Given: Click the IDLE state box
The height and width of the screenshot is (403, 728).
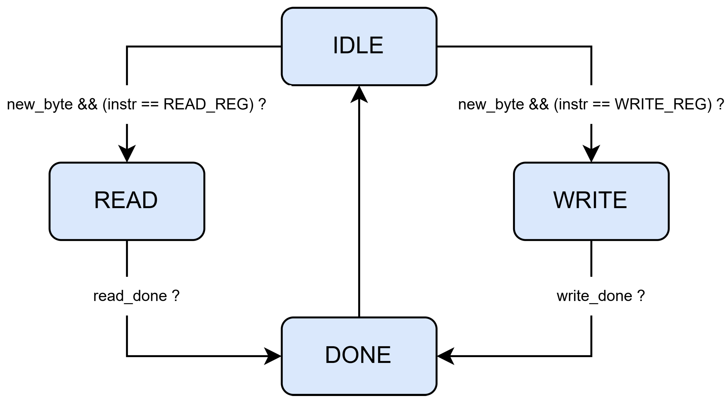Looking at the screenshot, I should [x=359, y=46].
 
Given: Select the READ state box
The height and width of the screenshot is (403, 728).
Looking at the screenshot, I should [x=127, y=201].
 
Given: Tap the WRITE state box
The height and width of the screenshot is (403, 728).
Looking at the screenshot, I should [x=591, y=201].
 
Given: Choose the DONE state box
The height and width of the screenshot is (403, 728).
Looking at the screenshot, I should [x=359, y=356].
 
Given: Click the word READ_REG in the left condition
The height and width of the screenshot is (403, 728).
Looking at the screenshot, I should [x=208, y=104].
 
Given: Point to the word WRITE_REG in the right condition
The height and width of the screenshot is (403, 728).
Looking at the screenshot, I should [x=663, y=104].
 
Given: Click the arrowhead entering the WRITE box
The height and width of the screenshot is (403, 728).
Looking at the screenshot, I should [x=591, y=154].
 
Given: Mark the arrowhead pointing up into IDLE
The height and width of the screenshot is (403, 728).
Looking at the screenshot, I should [x=359, y=95].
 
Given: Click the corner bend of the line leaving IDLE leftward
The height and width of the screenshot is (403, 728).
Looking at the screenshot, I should [x=127, y=47].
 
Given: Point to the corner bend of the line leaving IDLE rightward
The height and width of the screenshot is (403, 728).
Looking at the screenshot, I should [x=591, y=47].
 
